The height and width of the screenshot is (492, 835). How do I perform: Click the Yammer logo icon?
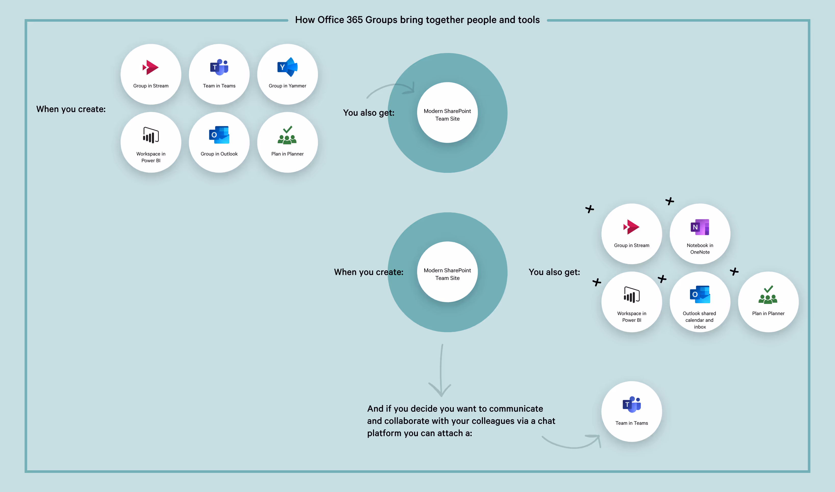pos(287,67)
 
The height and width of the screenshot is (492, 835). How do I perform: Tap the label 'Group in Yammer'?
pos(287,86)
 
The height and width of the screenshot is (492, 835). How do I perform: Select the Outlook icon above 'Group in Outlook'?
pos(219,135)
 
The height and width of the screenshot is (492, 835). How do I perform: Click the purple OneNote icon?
pos(700,227)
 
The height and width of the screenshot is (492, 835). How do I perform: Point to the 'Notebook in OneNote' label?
pos(700,249)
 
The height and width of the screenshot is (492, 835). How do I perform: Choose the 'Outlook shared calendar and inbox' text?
pos(699,320)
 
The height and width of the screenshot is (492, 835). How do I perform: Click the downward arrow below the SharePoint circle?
pos(441,371)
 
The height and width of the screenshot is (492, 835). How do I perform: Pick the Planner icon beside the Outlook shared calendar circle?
pos(768,295)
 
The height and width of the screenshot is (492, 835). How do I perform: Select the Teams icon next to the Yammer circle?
pos(219,67)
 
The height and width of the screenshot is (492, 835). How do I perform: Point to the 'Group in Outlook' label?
pos(219,154)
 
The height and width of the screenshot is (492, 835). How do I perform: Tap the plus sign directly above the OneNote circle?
pos(670,201)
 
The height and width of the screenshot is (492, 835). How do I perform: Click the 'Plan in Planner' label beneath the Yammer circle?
pos(287,154)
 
